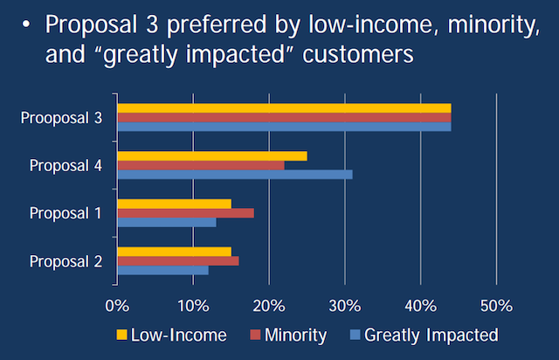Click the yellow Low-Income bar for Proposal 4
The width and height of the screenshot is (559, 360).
(x=212, y=156)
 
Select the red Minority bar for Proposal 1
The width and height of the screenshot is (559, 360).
(x=185, y=212)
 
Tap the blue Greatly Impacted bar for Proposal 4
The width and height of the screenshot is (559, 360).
(x=235, y=174)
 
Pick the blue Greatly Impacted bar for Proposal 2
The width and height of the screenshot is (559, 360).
(x=162, y=270)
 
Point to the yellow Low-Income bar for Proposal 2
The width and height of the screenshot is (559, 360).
(x=174, y=252)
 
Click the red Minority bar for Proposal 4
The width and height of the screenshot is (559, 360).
(x=201, y=165)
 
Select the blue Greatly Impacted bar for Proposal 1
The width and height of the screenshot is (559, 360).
(x=167, y=222)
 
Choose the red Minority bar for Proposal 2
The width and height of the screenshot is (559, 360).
(x=178, y=260)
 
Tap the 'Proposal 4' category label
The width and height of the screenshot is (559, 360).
(x=66, y=164)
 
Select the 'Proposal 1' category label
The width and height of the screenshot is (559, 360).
(x=66, y=212)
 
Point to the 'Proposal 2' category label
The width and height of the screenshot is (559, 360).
(x=66, y=260)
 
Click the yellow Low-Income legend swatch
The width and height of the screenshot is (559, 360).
(x=121, y=335)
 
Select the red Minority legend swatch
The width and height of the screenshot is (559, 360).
(x=256, y=335)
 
